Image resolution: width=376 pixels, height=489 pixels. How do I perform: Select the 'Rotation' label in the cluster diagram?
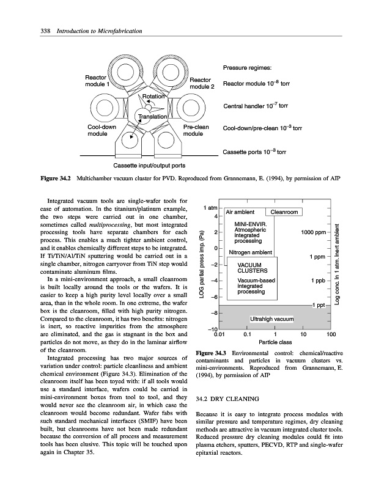click(153, 97)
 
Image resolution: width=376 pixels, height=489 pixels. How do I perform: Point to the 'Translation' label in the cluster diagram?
click(152, 117)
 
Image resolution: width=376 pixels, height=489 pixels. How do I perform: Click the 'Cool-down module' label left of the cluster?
click(101, 131)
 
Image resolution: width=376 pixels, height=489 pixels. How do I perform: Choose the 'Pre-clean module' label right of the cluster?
click(197, 131)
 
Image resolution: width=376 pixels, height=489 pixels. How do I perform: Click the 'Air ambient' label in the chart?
click(240, 212)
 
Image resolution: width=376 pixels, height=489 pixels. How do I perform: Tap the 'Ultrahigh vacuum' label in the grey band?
click(272, 319)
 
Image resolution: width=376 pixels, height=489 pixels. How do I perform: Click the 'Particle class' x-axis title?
click(275, 342)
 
